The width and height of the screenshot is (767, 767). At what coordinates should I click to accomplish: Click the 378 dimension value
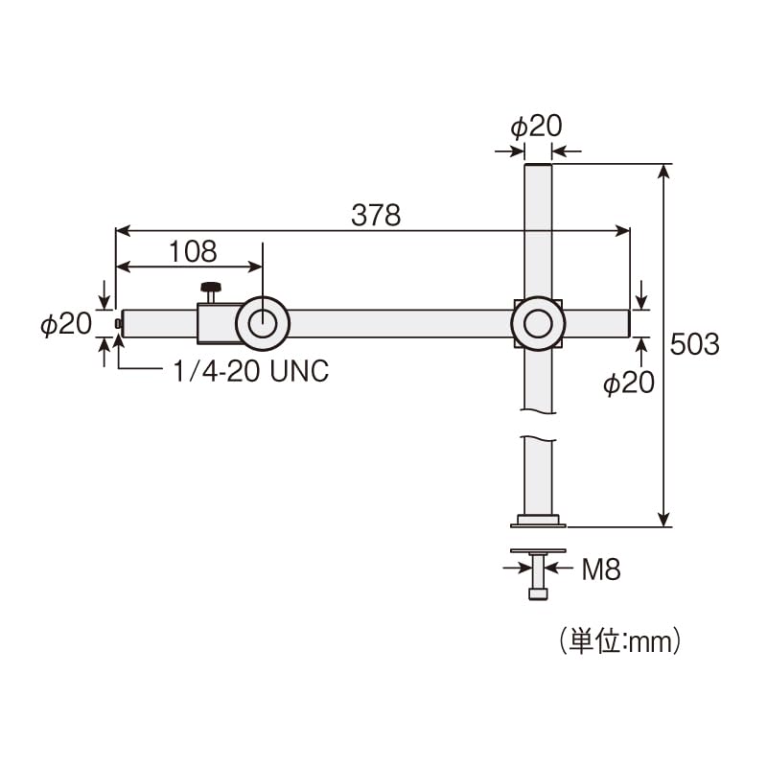pyautogui.click(x=375, y=216)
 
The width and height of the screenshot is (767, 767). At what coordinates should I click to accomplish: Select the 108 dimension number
pyautogui.click(x=193, y=251)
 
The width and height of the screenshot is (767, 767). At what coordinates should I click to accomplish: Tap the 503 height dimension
pyautogui.click(x=695, y=344)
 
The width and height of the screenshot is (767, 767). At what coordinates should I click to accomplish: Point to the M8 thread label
pyautogui.click(x=601, y=570)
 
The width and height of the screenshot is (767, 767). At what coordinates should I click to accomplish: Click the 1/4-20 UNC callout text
pyautogui.click(x=251, y=372)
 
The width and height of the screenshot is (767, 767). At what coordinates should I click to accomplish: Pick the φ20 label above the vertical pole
pyautogui.click(x=535, y=127)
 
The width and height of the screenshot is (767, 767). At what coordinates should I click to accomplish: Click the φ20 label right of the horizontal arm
pyautogui.click(x=629, y=383)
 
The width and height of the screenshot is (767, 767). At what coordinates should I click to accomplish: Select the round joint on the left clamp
pyautogui.click(x=261, y=323)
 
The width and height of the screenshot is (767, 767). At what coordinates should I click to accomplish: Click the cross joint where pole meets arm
pyautogui.click(x=538, y=323)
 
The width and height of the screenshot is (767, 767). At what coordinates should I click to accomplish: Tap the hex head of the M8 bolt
pyautogui.click(x=538, y=594)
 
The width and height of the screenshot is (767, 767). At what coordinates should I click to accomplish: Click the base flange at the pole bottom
pyautogui.click(x=538, y=522)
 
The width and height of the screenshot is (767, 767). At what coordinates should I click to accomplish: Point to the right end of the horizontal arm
pyautogui.click(x=627, y=323)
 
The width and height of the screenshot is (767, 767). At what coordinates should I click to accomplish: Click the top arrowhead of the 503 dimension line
pyautogui.click(x=663, y=172)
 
